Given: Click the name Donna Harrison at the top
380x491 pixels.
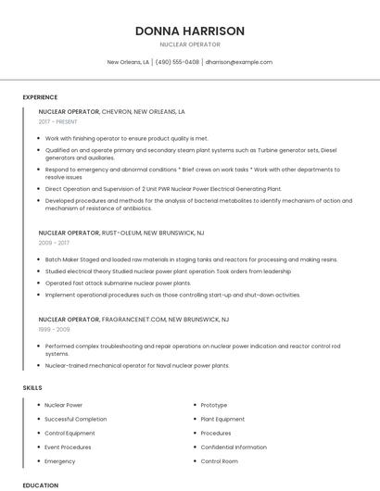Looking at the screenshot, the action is pos(190,31).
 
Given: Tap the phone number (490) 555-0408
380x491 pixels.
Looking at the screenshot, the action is pos(177,62).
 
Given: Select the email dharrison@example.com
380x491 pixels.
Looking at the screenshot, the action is pos(239,62).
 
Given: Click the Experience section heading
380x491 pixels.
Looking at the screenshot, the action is pos(40,97).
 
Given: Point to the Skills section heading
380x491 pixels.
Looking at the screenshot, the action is pos(32,386).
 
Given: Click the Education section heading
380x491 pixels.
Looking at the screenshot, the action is pos(41,485).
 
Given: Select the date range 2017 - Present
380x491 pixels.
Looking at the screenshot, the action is pos(58,121).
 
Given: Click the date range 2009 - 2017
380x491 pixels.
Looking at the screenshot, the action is pos(53,243).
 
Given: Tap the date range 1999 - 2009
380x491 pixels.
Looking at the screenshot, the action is pos(54,329).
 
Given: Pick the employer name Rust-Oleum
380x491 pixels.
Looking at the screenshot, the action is pos(120,233).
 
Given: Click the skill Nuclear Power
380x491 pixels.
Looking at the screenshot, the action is pos(64,405).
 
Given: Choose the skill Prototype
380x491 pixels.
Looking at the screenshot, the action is pos(214,405).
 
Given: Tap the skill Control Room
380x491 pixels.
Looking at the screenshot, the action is pos(220,460).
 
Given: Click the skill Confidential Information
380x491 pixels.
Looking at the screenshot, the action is pos(234,447).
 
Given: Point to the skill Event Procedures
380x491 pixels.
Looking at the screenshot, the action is pos(68,447).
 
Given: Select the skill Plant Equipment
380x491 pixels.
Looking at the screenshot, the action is pos(222,419).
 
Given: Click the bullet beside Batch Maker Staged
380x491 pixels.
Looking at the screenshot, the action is pos(39,259).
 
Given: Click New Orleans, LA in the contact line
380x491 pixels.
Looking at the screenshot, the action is pos(128,62).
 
